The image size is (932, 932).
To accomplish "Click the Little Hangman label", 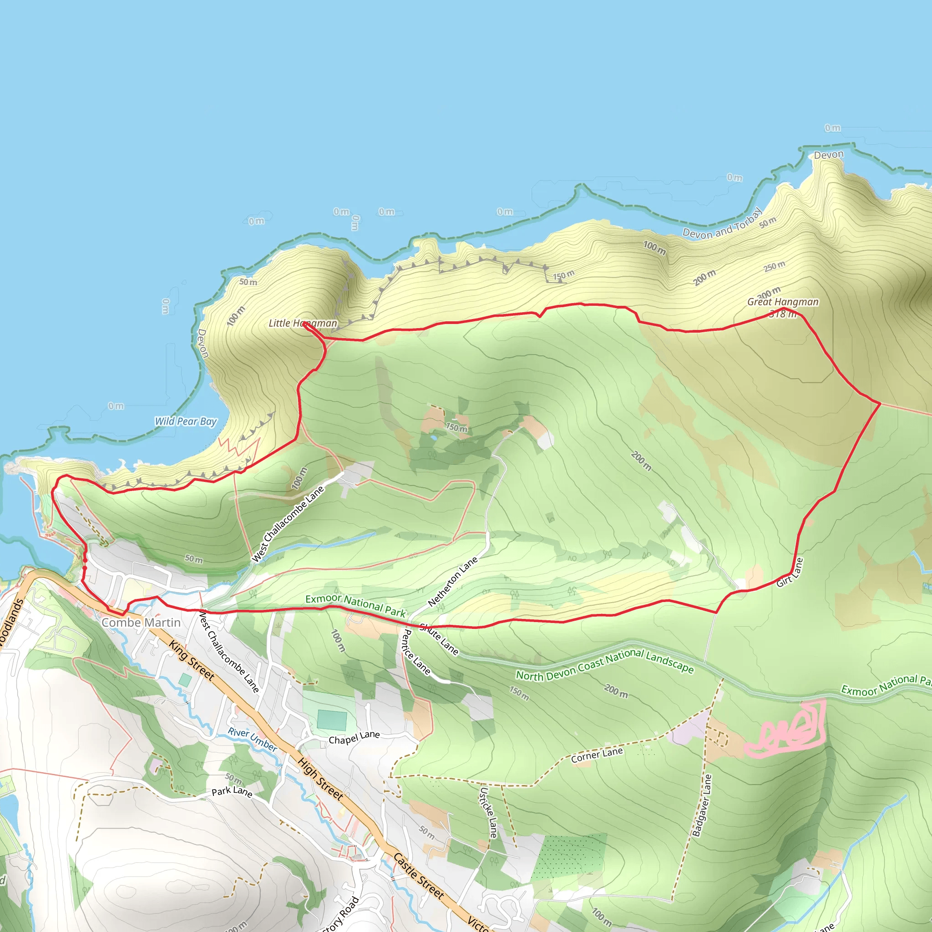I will (303, 323).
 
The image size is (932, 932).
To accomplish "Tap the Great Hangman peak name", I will (782, 302).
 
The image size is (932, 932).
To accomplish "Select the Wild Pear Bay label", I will (186, 421).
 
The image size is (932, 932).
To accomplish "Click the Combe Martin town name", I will (141, 623).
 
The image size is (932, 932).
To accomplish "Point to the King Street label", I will (191, 660).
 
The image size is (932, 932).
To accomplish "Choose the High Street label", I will (320, 779).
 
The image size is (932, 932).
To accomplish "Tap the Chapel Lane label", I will (354, 738).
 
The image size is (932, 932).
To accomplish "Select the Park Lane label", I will (232, 792).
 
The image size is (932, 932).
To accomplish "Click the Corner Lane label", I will (597, 755).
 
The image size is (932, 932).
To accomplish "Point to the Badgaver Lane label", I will (702, 805).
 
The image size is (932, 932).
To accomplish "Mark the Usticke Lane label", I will (488, 813).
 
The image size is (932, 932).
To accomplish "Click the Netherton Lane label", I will (452, 581).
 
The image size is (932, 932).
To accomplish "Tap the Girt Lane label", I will (790, 572).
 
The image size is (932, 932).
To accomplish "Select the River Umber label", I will (252, 740).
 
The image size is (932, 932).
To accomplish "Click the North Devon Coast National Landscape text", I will (605, 665).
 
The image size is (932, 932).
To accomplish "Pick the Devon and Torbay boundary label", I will (722, 224).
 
